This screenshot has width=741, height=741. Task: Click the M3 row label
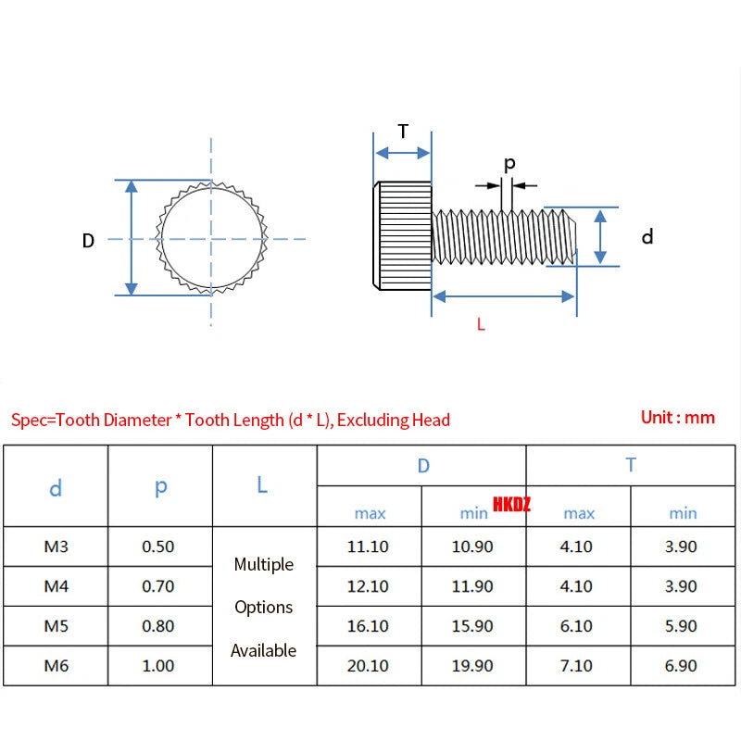[x=57, y=546]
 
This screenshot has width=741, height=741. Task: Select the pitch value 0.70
[x=157, y=586]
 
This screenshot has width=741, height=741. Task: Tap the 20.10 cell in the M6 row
[x=368, y=666]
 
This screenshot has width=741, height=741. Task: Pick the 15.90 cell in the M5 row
[x=472, y=626]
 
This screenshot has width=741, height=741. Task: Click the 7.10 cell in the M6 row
[x=576, y=666]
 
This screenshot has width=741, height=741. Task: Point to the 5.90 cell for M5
[x=681, y=626]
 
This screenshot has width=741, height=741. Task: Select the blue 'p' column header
[x=160, y=487]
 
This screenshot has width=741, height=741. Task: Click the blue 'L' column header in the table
[x=262, y=484]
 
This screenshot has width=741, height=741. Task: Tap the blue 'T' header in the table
[x=631, y=465]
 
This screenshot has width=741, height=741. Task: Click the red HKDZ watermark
[x=511, y=504]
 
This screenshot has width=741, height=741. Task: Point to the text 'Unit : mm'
[x=678, y=418]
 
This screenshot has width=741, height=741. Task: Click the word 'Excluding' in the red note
[x=372, y=421]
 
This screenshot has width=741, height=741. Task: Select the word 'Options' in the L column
[x=264, y=608]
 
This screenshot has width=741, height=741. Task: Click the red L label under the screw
[x=481, y=324]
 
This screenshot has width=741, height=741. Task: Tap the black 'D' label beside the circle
[x=88, y=241]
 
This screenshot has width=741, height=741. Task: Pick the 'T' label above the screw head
[x=403, y=132]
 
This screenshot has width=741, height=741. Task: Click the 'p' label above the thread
[x=509, y=164]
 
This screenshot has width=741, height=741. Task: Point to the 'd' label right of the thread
[x=647, y=236]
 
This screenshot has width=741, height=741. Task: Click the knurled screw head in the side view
[x=402, y=235]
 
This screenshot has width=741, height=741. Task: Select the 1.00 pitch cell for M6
[x=157, y=666]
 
